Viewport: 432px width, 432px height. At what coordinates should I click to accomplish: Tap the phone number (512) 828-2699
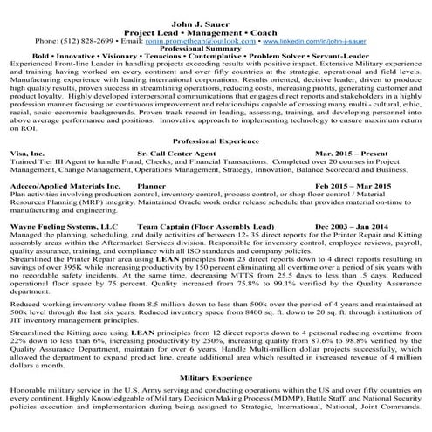click(80, 40)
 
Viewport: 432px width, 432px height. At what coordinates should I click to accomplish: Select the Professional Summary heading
click(217, 49)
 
